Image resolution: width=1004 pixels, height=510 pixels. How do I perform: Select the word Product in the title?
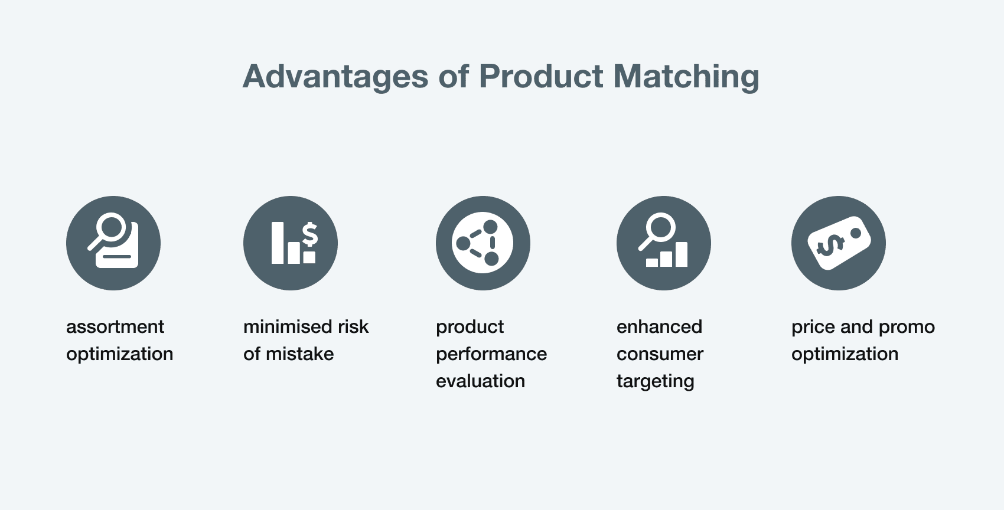[541, 76]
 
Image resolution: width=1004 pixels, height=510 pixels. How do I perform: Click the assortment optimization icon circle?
[113, 243]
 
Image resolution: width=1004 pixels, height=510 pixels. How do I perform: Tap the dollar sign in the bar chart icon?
[309, 234]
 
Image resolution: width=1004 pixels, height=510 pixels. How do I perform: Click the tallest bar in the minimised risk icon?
[278, 243]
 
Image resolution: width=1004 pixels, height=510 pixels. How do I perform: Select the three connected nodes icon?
[483, 243]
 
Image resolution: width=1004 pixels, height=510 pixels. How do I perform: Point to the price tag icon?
[839, 243]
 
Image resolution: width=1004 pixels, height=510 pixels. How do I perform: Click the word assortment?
[115, 326]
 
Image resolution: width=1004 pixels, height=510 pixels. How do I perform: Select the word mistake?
[300, 354]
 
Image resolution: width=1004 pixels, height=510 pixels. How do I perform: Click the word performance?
[491, 355]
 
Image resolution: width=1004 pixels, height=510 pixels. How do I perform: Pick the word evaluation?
[481, 381]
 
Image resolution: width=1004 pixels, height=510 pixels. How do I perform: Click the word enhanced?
[659, 326]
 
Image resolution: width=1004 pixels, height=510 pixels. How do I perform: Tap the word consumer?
[660, 355]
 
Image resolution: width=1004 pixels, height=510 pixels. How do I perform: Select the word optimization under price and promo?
[845, 355]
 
